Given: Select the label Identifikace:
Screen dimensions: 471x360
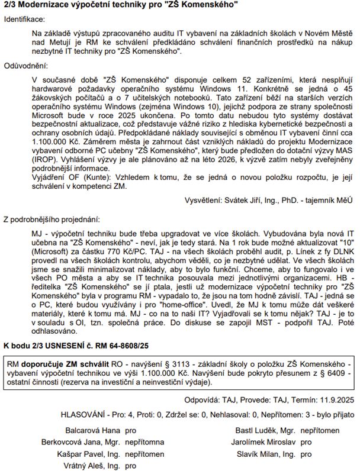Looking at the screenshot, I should pyautogui.click(x=25, y=20).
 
